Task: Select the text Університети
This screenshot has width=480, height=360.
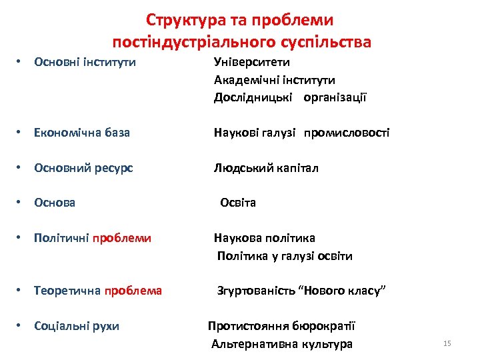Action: click(251, 62)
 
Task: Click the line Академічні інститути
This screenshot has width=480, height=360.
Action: click(274, 80)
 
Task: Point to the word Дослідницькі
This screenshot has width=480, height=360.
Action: click(255, 98)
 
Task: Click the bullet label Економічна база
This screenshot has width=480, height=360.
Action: click(82, 133)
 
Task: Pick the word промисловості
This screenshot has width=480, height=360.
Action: click(347, 133)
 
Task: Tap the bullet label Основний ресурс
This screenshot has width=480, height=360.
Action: click(83, 168)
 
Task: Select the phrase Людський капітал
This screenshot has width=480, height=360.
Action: click(266, 168)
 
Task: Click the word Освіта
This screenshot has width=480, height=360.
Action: click(238, 203)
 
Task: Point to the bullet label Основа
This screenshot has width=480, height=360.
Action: click(55, 203)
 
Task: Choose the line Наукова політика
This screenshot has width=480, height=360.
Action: click(264, 238)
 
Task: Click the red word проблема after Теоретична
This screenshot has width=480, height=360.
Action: click(133, 291)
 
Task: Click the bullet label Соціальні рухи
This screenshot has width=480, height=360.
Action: click(77, 326)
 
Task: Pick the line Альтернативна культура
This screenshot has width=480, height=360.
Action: click(281, 344)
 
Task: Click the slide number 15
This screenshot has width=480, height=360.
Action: click(447, 343)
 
